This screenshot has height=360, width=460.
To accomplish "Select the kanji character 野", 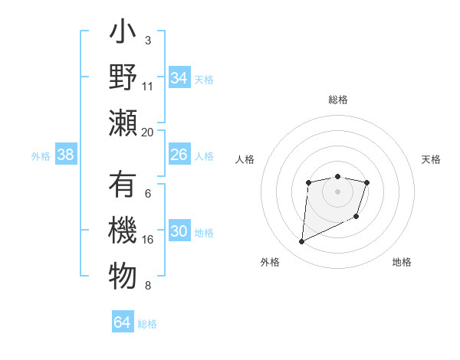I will [x=123, y=79].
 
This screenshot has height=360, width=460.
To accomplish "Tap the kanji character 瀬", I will [x=123, y=124].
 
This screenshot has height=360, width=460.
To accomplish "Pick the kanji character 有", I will [x=123, y=185].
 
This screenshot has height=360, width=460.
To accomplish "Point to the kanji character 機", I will [x=123, y=231].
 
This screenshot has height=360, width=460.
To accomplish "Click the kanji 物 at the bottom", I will [x=123, y=277].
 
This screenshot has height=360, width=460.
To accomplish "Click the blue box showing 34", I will [x=179, y=78].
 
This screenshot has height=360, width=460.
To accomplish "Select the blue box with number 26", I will [x=179, y=155].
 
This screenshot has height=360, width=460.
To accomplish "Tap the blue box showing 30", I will [x=179, y=231].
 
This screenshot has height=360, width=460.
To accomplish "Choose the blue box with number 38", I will [x=65, y=155].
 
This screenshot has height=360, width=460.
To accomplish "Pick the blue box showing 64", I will [x=122, y=322].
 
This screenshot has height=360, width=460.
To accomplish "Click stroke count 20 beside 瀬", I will [x=148, y=132].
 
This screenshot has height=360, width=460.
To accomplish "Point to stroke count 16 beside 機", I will [x=148, y=239].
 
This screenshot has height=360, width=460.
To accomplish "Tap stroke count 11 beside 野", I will [x=148, y=86].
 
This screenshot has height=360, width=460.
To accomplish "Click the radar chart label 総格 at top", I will [x=337, y=100].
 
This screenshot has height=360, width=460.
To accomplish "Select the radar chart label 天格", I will [x=431, y=159].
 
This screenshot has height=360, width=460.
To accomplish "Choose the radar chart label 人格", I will [x=245, y=159].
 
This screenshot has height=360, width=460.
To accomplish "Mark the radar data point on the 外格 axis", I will [x=301, y=242].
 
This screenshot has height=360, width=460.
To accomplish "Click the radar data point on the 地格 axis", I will [x=357, y=218].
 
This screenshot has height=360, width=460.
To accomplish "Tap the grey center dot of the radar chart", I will [x=337, y=191].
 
